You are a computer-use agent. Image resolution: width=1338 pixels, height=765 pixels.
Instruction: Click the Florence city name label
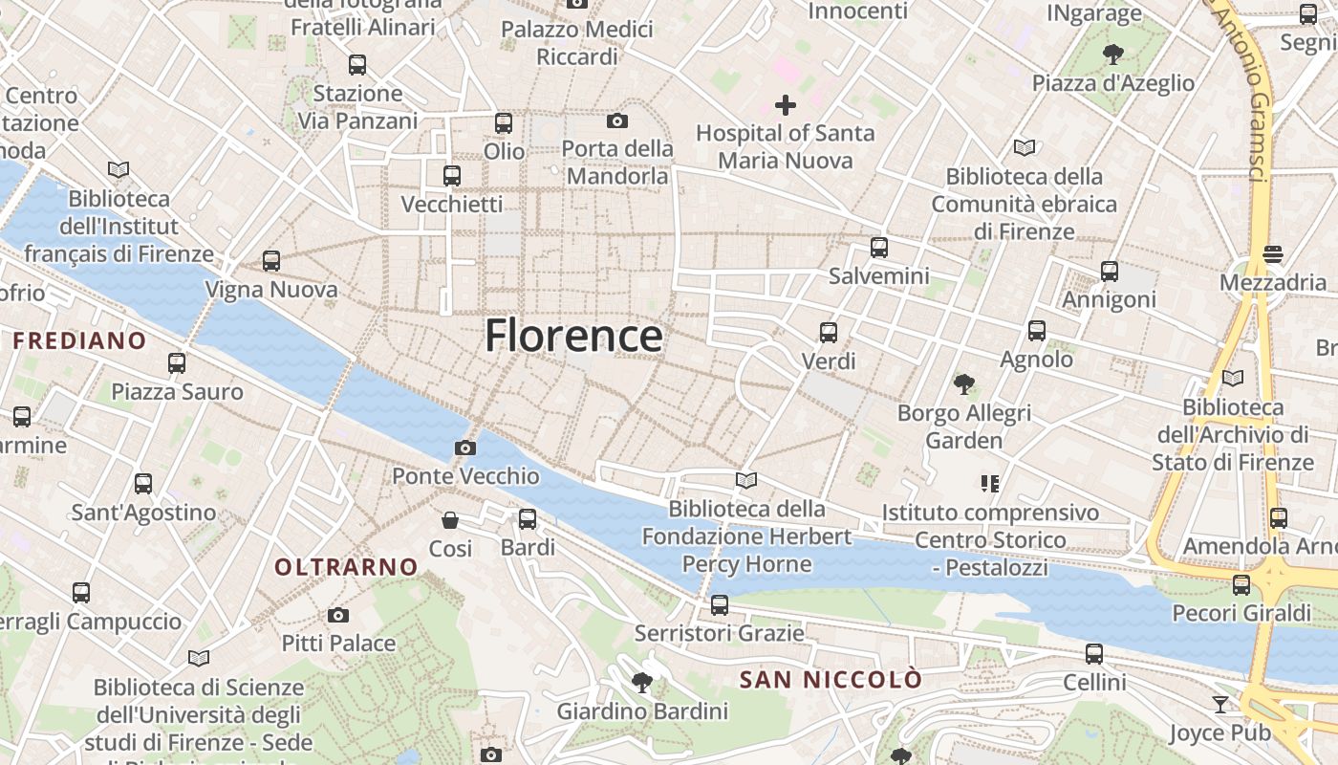pyautogui.click(x=573, y=336)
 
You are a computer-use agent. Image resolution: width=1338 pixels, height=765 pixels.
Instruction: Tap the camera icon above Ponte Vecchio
pyautogui.click(x=465, y=448)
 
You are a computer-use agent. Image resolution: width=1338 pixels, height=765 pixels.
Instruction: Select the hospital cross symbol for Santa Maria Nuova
pyautogui.click(x=786, y=105)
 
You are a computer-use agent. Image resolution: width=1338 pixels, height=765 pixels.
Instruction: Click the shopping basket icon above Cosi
pyautogui.click(x=450, y=520)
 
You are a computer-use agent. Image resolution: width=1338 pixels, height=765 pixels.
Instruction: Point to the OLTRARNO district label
pyautogui.click(x=347, y=567)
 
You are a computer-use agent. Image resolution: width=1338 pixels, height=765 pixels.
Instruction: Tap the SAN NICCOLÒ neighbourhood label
pyautogui.click(x=831, y=680)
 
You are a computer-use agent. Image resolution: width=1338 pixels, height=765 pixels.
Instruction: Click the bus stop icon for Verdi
pyautogui.click(x=829, y=333)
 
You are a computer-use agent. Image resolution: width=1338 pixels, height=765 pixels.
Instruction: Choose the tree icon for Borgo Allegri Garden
pyautogui.click(x=964, y=384)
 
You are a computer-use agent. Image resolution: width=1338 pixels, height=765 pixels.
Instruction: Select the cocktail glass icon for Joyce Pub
pyautogui.click(x=1220, y=705)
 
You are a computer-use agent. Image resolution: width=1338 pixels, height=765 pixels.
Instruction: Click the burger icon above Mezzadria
pyautogui.click(x=1272, y=254)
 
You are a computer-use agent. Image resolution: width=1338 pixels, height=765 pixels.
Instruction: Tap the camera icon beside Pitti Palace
pyautogui.click(x=338, y=615)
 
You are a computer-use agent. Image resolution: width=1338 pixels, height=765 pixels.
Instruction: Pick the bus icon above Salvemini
pyautogui.click(x=879, y=248)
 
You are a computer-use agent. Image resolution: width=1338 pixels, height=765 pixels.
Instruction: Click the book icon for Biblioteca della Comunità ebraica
pyautogui.click(x=1025, y=148)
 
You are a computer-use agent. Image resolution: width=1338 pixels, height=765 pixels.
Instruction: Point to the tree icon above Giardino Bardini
pyautogui.click(x=642, y=682)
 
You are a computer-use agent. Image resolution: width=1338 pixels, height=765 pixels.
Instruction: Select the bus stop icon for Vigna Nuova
pyautogui.click(x=271, y=261)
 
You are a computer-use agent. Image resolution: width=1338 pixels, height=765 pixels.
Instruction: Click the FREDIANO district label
pyautogui.click(x=79, y=340)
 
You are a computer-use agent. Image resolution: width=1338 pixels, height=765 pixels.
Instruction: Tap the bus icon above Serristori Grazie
pyautogui.click(x=720, y=605)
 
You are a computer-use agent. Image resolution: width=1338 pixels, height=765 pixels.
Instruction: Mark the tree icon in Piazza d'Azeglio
pyautogui.click(x=1112, y=54)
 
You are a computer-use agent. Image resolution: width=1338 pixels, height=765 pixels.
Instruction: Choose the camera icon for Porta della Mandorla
pyautogui.click(x=617, y=120)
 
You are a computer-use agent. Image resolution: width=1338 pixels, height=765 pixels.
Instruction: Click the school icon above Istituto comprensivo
pyautogui.click(x=990, y=484)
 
